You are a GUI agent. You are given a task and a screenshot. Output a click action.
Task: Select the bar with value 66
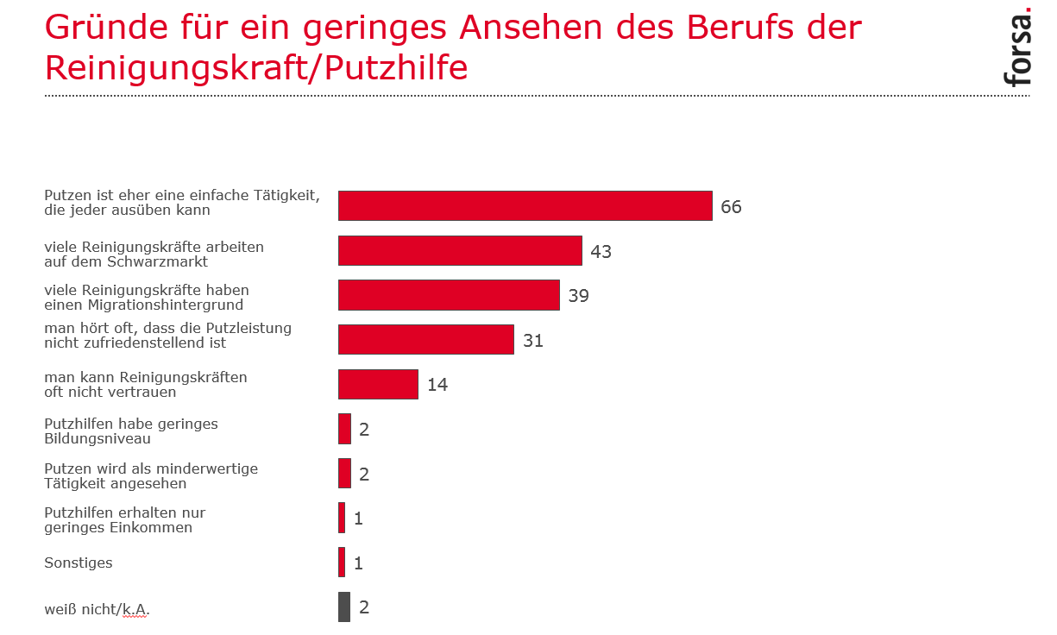[x=525, y=206]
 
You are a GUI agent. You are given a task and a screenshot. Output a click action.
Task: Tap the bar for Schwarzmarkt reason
[x=460, y=251]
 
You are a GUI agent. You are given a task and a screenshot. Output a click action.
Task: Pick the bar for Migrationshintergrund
[x=449, y=296]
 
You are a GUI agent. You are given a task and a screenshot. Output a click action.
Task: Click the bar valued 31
[x=426, y=340]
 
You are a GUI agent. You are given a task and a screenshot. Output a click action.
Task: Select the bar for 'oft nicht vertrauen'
[x=378, y=384]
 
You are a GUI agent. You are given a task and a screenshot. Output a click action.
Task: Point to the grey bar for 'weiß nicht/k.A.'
[x=344, y=607]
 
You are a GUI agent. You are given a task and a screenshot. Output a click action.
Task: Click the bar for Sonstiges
[x=342, y=563]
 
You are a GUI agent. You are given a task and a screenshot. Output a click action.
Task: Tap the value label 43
[x=601, y=252]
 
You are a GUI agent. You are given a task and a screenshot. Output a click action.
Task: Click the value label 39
[x=578, y=296]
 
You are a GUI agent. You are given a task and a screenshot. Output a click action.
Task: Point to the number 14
[x=437, y=385]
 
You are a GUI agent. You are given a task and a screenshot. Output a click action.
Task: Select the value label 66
[x=731, y=207]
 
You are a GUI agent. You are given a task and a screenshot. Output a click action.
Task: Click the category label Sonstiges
[x=79, y=563]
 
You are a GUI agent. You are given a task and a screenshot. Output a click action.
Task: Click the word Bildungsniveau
[x=98, y=438]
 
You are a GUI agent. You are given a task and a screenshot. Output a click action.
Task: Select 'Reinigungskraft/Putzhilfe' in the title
[x=256, y=67]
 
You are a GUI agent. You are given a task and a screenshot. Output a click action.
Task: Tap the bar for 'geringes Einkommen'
[x=342, y=518]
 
